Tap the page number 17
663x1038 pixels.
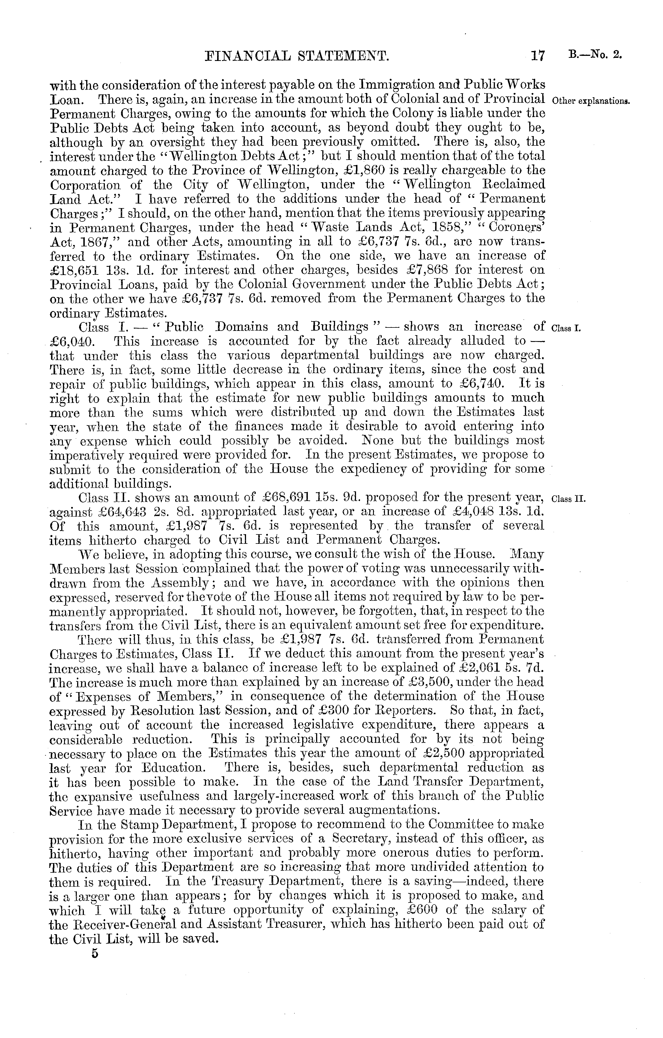538,56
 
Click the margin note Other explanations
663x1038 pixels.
591,102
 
